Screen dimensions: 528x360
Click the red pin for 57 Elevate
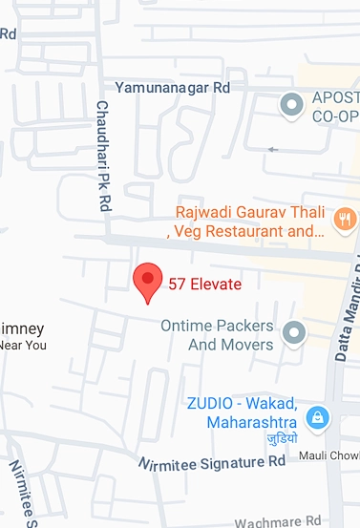(147, 281)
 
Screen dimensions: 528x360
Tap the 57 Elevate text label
(205, 284)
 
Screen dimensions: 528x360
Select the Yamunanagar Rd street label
(173, 87)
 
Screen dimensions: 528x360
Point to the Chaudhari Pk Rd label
(104, 158)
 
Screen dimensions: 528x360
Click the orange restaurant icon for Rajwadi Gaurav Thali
(345, 220)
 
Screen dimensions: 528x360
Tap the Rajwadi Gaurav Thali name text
(250, 212)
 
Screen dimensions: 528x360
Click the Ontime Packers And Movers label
(217, 334)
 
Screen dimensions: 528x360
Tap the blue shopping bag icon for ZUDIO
(317, 416)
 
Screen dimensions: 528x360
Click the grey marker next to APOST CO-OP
(290, 105)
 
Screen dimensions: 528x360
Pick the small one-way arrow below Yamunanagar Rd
(275, 149)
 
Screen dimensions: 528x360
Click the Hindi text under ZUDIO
(282, 439)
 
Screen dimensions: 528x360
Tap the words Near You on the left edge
(23, 346)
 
